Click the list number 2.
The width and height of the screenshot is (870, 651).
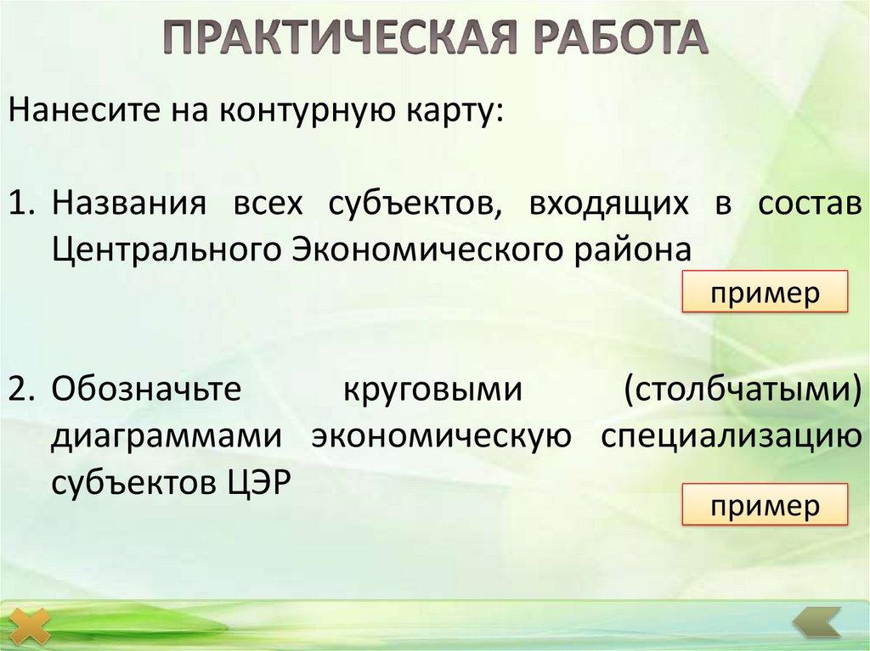coord(20,390)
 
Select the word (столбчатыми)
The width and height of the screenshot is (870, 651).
coord(737,390)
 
